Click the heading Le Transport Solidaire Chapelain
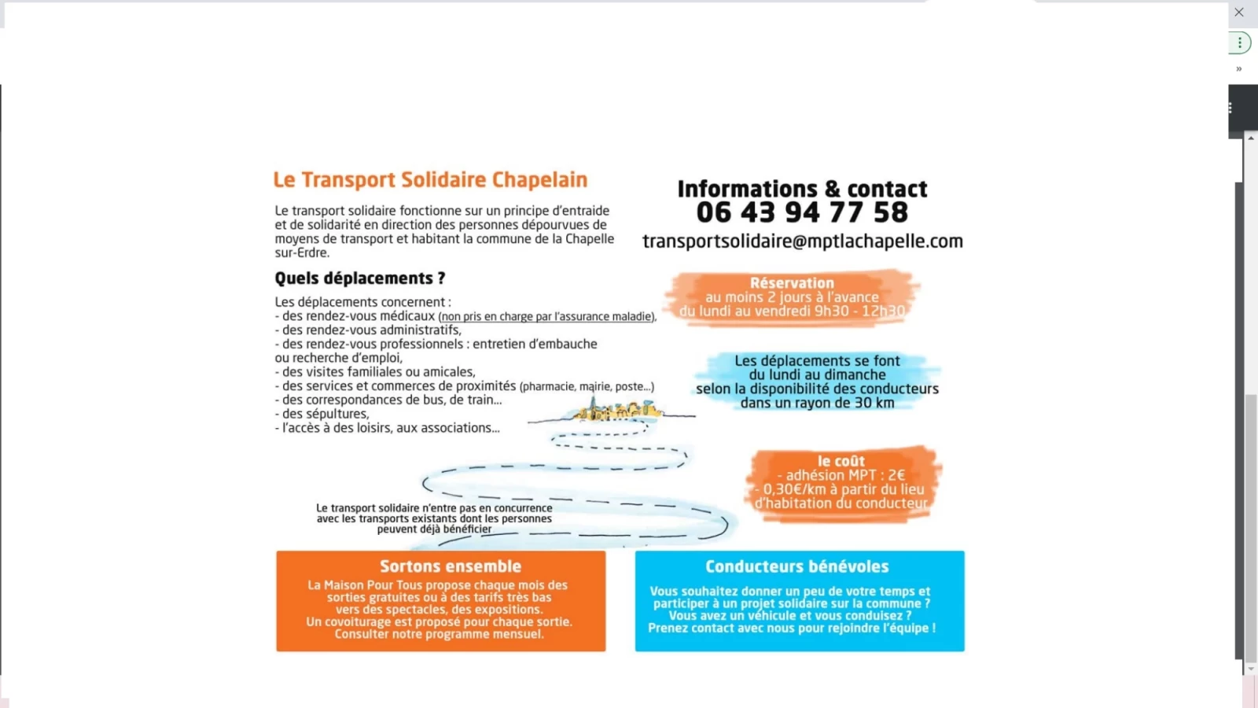(x=430, y=180)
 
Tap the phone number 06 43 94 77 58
(x=802, y=212)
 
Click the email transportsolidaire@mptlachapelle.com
(x=802, y=242)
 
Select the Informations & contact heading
(x=802, y=189)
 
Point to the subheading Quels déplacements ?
(x=359, y=278)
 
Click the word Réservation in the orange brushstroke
(x=792, y=283)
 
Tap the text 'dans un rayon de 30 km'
(x=817, y=403)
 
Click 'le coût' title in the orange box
(x=841, y=461)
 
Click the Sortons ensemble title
(x=451, y=566)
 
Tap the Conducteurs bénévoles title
(x=796, y=566)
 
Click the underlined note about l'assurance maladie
(x=547, y=317)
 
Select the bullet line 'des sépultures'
(x=325, y=414)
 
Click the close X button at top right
(x=1239, y=13)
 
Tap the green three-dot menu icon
(x=1240, y=42)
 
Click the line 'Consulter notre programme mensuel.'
(x=439, y=634)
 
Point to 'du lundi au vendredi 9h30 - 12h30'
(x=792, y=312)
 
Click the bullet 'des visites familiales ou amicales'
(x=378, y=372)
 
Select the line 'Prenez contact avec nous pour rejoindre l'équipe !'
(x=792, y=628)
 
